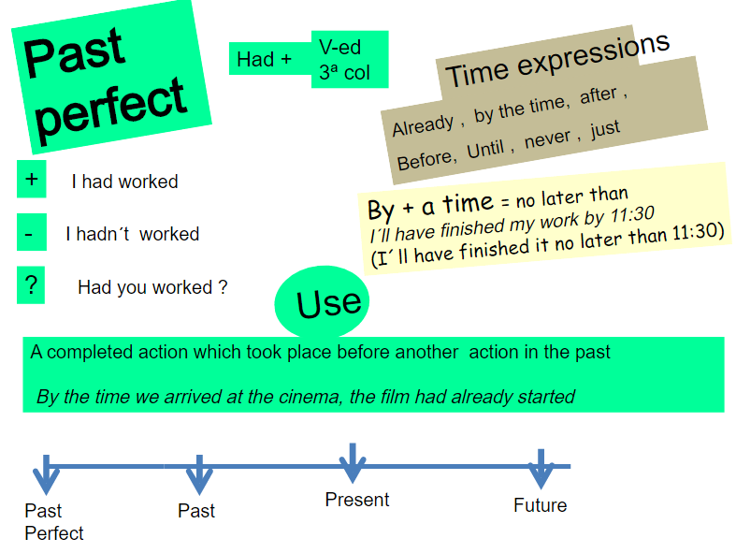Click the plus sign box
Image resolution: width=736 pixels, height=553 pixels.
tap(32, 179)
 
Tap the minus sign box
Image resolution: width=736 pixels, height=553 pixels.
tap(31, 232)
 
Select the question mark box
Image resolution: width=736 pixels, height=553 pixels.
tap(31, 285)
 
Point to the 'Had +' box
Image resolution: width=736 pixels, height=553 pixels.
tap(267, 59)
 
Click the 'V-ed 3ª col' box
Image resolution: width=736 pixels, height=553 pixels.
tap(348, 59)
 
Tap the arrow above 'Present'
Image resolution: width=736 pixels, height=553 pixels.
tap(352, 463)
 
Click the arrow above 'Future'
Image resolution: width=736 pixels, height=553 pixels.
tap(541, 468)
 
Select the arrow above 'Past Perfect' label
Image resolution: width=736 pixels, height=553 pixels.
tap(46, 473)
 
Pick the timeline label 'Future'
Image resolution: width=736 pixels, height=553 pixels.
tap(540, 505)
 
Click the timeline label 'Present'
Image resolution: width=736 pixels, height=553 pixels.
tap(357, 500)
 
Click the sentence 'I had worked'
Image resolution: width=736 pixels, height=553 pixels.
tap(124, 182)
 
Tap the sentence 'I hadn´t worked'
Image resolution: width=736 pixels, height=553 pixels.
tap(132, 234)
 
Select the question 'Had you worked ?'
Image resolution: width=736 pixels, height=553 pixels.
tap(152, 287)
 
